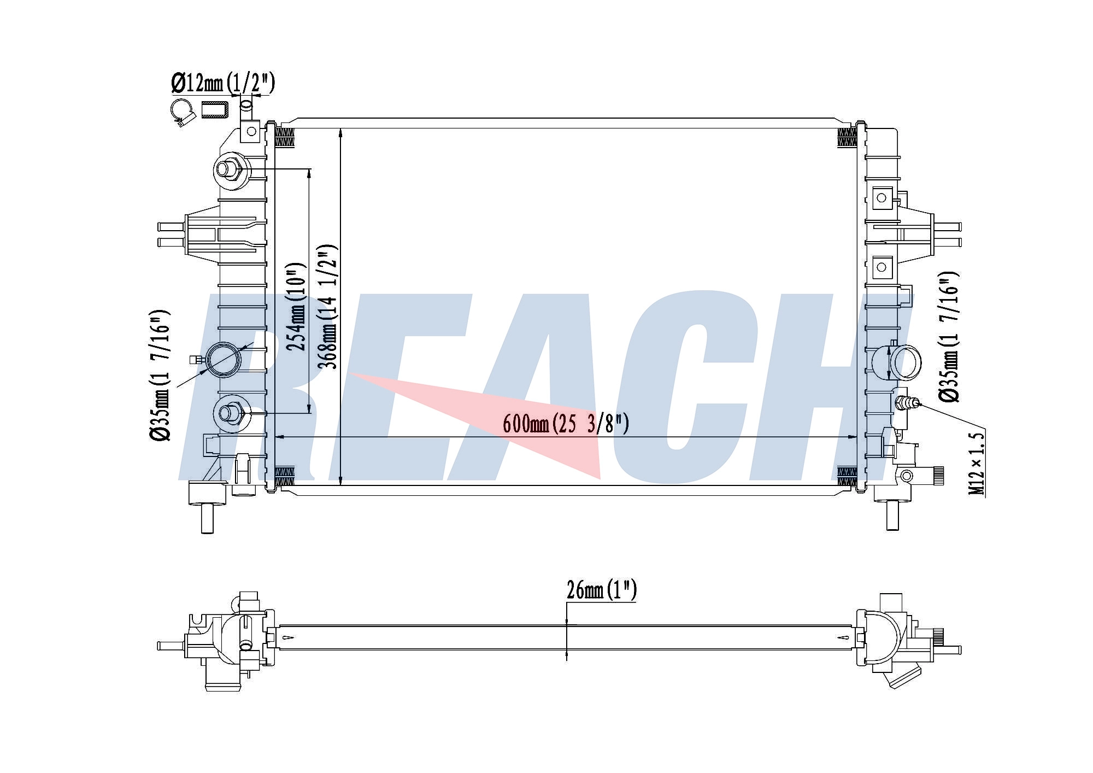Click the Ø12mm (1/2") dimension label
(222, 83)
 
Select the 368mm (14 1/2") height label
(328, 307)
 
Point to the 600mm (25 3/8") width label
(566, 424)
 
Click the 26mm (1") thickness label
(601, 590)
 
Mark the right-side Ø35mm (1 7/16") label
(949, 337)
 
